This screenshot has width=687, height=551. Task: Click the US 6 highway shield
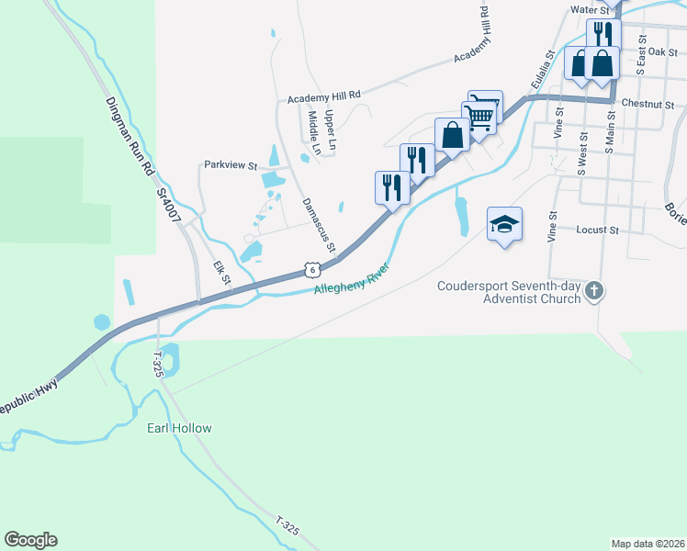click(313, 269)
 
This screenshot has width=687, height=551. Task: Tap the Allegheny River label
click(352, 280)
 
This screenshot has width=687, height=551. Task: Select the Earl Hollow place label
click(180, 429)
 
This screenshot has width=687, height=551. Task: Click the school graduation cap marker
click(504, 224)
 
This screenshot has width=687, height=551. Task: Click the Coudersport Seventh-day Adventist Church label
click(509, 291)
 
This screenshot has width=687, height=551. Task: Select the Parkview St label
click(231, 165)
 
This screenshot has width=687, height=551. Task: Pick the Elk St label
click(221, 273)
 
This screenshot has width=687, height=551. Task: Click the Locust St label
click(599, 230)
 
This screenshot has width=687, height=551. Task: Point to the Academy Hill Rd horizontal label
click(324, 96)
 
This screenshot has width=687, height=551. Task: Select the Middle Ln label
click(315, 132)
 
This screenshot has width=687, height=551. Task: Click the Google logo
click(30, 540)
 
